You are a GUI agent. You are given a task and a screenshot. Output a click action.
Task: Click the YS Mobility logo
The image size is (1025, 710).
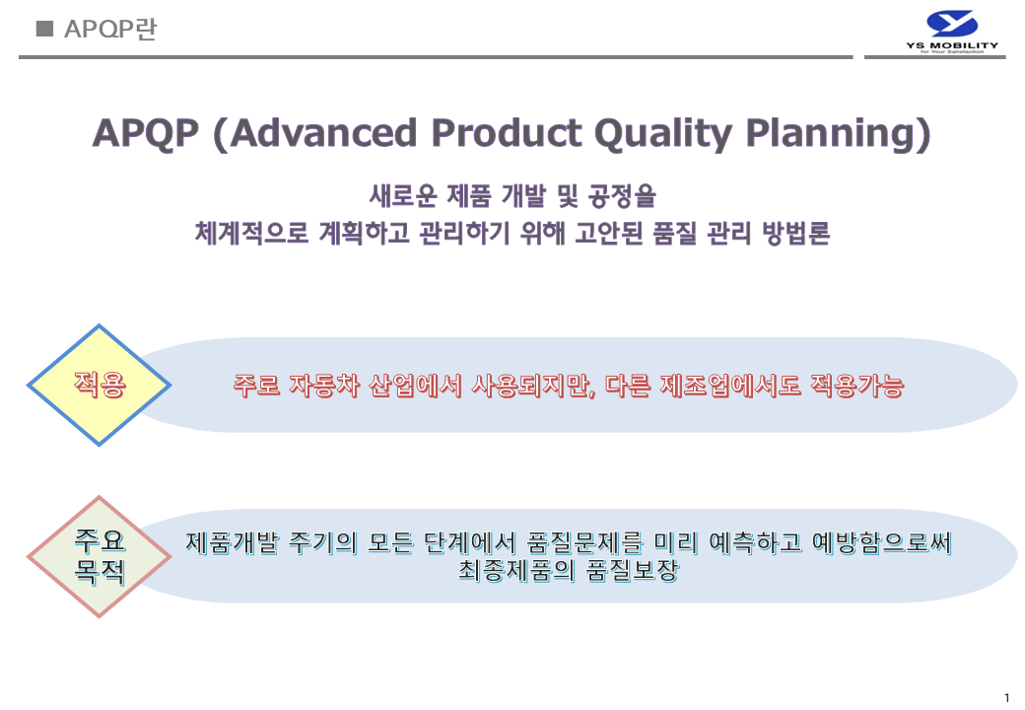(x=952, y=32)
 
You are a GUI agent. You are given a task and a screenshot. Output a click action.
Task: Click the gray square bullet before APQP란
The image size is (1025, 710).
(x=44, y=29)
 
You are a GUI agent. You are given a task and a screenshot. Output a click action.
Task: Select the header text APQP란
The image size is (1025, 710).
(x=110, y=30)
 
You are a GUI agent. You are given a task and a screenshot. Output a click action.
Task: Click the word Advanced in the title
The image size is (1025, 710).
(x=323, y=133)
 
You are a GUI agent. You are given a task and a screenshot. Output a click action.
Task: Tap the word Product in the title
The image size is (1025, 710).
(x=507, y=133)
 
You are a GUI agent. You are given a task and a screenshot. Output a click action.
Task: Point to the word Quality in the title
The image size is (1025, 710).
(x=663, y=135)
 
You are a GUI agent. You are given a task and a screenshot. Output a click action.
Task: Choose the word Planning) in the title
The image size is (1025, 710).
(x=838, y=135)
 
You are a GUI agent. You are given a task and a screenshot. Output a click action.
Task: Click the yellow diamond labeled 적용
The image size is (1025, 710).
(x=99, y=385)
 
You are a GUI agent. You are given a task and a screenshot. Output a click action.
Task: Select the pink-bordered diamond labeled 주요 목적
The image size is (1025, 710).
(x=99, y=557)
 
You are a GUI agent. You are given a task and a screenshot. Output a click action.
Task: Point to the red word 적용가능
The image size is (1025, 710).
(x=857, y=386)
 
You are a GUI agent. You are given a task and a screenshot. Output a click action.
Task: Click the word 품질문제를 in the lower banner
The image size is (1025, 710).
(x=585, y=542)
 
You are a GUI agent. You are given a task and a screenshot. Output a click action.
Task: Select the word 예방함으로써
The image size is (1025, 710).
(x=882, y=542)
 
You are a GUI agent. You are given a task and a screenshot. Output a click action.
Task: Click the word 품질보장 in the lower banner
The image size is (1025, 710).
(x=632, y=571)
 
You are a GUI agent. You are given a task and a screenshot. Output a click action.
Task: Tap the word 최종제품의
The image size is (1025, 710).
(x=516, y=571)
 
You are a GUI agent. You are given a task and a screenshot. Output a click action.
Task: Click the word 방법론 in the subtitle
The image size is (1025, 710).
(x=796, y=233)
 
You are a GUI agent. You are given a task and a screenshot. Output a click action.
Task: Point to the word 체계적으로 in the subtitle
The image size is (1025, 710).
(x=251, y=233)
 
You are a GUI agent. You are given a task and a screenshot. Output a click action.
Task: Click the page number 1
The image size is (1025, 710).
(x=1006, y=698)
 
